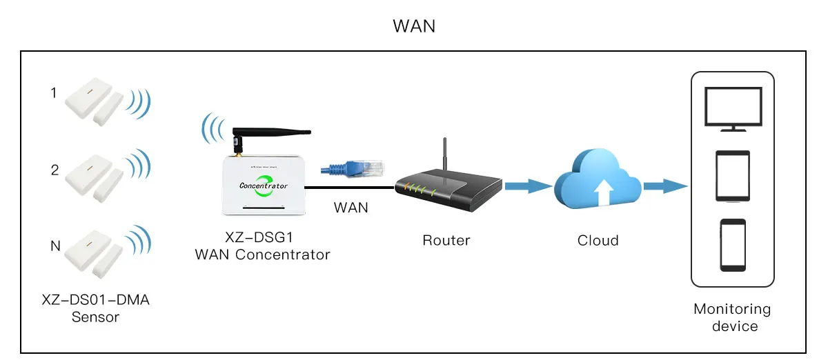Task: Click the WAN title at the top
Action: coord(414,26)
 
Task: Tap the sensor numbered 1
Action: coord(94,101)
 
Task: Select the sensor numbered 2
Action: coord(94,178)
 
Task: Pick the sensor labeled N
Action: coord(93,254)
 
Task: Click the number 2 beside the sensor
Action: coord(55,170)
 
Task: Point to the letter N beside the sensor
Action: coord(55,246)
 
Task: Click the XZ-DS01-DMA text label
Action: coord(96,300)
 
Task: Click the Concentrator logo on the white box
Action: coord(264,186)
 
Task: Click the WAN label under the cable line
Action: coord(351,208)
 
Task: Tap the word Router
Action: coord(446,241)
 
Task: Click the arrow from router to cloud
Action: coord(529,186)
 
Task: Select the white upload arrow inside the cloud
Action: coord(603,192)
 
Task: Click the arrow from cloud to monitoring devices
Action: coord(665,186)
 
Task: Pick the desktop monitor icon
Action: coord(733,109)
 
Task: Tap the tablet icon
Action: coord(733,176)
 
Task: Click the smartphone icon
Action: coord(733,245)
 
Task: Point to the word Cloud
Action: coord(598,241)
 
